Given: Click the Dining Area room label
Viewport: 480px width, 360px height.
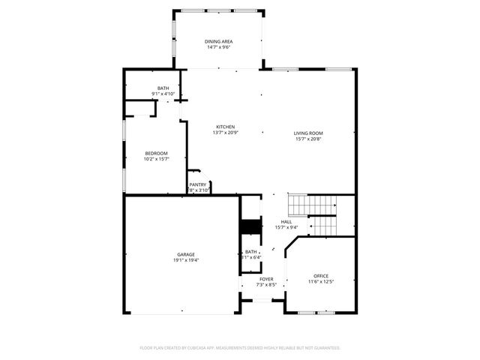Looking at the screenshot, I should pos(217,41).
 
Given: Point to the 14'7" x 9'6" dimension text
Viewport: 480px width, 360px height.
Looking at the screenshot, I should pos(217,47).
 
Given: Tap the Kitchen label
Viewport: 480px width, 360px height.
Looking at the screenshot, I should pos(226,127).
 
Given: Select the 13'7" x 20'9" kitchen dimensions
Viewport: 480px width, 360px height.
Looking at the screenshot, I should pos(226,133).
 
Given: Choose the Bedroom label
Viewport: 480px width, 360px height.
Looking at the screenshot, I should pos(156,153).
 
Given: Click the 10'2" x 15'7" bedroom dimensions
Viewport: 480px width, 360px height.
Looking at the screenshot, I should pos(156,159).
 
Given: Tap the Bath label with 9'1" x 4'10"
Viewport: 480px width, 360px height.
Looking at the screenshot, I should pos(163,88).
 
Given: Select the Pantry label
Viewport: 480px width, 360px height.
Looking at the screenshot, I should pos(198,184).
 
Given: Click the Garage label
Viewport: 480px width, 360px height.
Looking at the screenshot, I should pos(186,254).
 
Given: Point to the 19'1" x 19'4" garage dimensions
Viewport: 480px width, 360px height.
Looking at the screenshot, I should pos(186,260).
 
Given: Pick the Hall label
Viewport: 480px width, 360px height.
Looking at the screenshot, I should pos(286,222).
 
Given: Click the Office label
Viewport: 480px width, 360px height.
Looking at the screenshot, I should pos(321,276).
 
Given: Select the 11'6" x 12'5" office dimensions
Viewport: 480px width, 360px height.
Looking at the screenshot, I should pos(321,282).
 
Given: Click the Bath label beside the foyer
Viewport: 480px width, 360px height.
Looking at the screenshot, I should pos(251,252).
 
